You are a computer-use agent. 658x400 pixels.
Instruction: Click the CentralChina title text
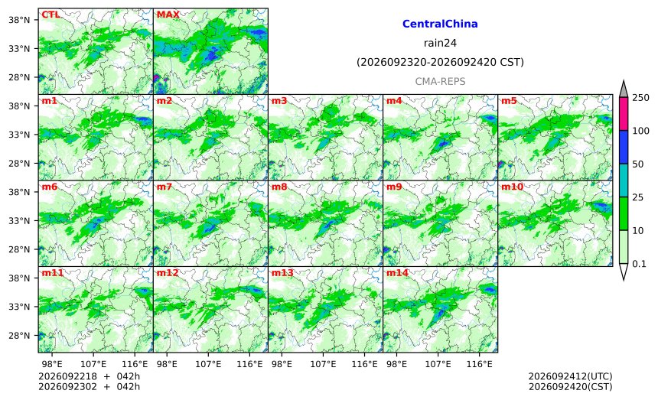(440, 24)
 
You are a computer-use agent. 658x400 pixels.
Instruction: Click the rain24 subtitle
(440, 43)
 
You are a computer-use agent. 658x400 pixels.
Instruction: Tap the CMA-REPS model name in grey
(440, 81)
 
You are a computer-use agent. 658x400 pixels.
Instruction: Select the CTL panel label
(50, 15)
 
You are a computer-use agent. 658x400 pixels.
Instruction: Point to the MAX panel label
(168, 15)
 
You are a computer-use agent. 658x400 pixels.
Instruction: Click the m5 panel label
(509, 101)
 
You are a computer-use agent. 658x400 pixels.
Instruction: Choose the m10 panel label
(512, 187)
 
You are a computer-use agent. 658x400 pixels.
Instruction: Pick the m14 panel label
(397, 273)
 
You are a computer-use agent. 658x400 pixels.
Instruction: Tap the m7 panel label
(164, 187)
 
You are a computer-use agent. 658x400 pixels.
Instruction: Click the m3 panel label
(279, 101)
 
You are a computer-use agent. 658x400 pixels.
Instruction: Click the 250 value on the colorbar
(641, 98)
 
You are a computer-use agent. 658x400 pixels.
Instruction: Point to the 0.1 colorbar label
(639, 264)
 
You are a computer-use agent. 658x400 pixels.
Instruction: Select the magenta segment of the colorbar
(624, 114)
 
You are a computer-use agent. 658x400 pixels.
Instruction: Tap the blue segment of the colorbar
(624, 147)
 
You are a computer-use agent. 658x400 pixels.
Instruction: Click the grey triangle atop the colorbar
(624, 89)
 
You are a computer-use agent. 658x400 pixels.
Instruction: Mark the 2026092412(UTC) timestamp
(570, 376)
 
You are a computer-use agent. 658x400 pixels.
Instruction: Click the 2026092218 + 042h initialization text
(89, 376)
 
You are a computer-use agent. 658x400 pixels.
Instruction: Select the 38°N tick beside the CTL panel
(19, 20)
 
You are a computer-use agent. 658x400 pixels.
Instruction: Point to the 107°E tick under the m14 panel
(438, 364)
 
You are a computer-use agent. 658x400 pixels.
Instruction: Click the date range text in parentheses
(440, 62)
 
